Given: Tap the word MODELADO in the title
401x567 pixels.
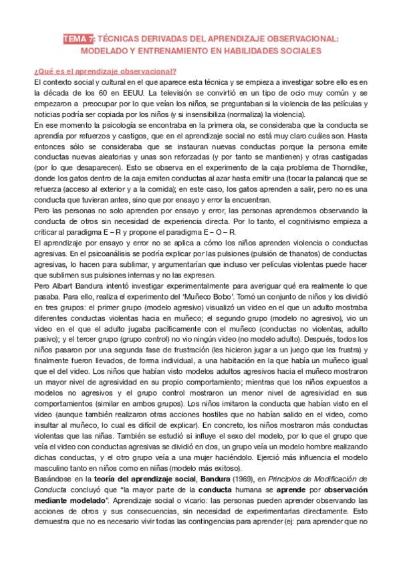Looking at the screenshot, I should click(x=106, y=50).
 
